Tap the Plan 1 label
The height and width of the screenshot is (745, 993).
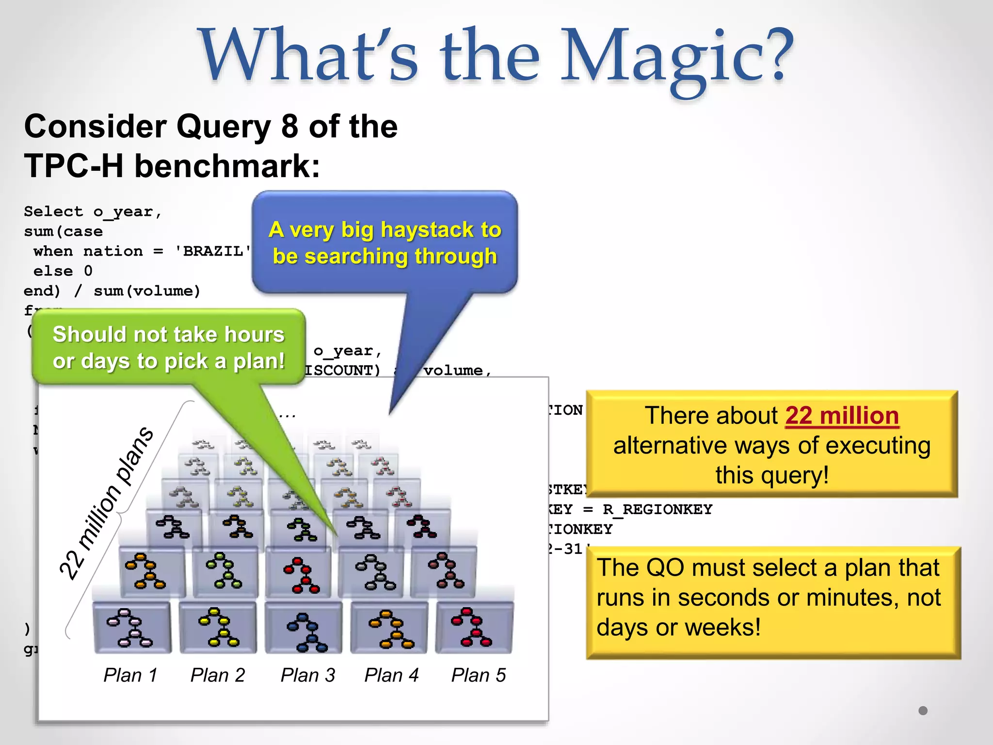[130, 675]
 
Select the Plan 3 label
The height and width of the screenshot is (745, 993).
[308, 675]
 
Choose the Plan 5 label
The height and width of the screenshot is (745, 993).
[479, 675]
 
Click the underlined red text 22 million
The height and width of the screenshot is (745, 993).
[842, 416]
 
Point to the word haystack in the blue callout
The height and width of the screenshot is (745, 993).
[426, 229]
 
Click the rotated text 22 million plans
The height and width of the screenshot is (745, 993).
[107, 504]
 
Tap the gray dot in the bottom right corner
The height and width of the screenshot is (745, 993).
[923, 711]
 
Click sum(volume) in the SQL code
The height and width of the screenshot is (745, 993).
[146, 291]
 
